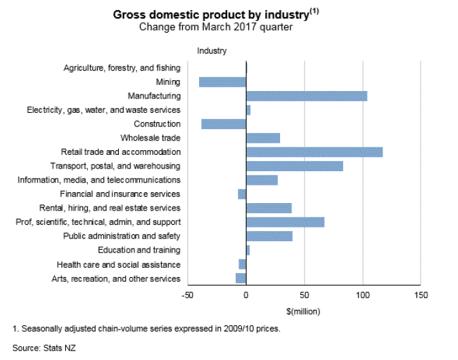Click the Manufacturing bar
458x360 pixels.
pos(306,96)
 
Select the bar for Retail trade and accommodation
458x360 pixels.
pos(314,152)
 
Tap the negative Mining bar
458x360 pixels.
pos(222,82)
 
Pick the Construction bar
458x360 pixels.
pos(224,124)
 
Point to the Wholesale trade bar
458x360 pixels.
pos(263,139)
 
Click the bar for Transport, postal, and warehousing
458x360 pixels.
pos(294,166)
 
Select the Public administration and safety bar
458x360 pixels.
pos(269,236)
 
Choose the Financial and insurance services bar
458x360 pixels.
pos(242,194)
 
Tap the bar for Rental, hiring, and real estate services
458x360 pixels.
pos(268,209)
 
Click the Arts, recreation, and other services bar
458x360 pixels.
pos(241,278)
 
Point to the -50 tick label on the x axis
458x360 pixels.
pos(188,295)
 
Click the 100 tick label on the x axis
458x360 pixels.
pos(362,295)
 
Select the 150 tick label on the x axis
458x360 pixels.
pos(421,295)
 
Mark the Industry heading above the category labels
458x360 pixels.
pos(211,51)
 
